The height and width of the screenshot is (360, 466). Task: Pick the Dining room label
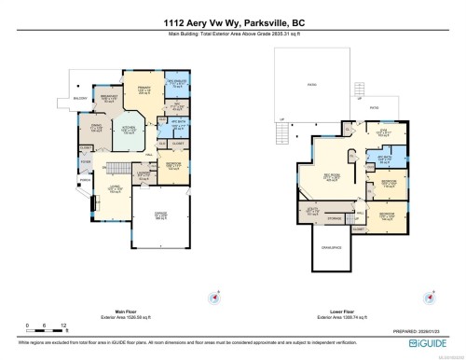[x=95, y=129]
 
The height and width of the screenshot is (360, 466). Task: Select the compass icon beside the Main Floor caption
[x=218, y=298]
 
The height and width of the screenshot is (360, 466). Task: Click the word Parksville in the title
[x=244, y=21]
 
